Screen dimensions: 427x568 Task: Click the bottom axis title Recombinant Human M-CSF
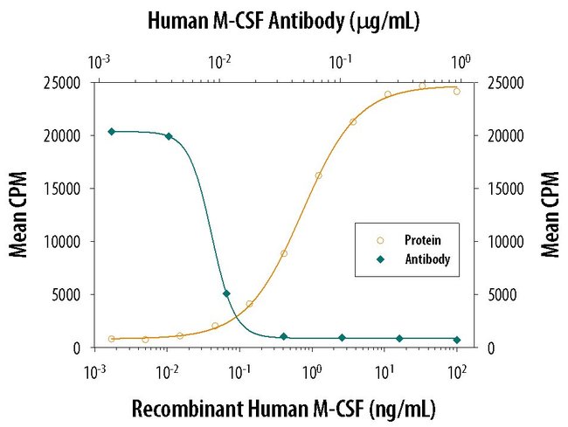(283, 408)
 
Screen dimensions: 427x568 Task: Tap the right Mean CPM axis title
(550, 215)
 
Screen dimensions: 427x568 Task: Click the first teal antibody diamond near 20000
(111, 132)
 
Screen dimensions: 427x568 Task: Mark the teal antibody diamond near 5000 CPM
(226, 293)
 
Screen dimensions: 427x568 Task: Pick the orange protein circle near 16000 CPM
(318, 176)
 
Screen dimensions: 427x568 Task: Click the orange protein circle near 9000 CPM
(283, 253)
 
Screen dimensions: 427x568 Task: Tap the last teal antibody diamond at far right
(457, 339)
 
